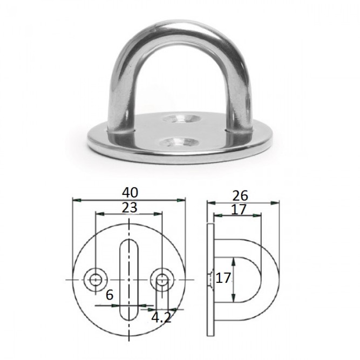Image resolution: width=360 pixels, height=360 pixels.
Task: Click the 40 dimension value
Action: tap(130, 193)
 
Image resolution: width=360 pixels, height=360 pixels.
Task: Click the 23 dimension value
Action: tap(129, 208)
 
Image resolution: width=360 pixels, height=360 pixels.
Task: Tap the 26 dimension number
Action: tap(240, 195)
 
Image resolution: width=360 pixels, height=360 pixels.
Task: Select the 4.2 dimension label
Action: tap(161, 318)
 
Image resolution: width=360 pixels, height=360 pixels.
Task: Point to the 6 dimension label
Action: tap(110, 295)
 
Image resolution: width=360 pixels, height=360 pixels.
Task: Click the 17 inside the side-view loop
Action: tap(223, 279)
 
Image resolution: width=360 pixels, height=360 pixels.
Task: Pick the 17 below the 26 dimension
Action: tap(239, 209)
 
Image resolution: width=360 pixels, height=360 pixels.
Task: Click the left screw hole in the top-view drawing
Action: tap(96, 280)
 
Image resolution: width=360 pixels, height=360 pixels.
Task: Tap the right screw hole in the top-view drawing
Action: tap(162, 280)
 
